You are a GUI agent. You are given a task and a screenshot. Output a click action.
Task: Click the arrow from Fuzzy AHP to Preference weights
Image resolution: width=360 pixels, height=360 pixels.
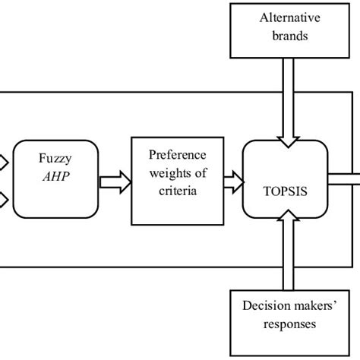(114, 181)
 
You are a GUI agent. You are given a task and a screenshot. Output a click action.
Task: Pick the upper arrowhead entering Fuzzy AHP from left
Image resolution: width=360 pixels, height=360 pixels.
(4, 161)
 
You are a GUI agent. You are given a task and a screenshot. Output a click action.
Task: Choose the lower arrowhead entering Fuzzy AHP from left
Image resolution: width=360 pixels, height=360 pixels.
(4, 200)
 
